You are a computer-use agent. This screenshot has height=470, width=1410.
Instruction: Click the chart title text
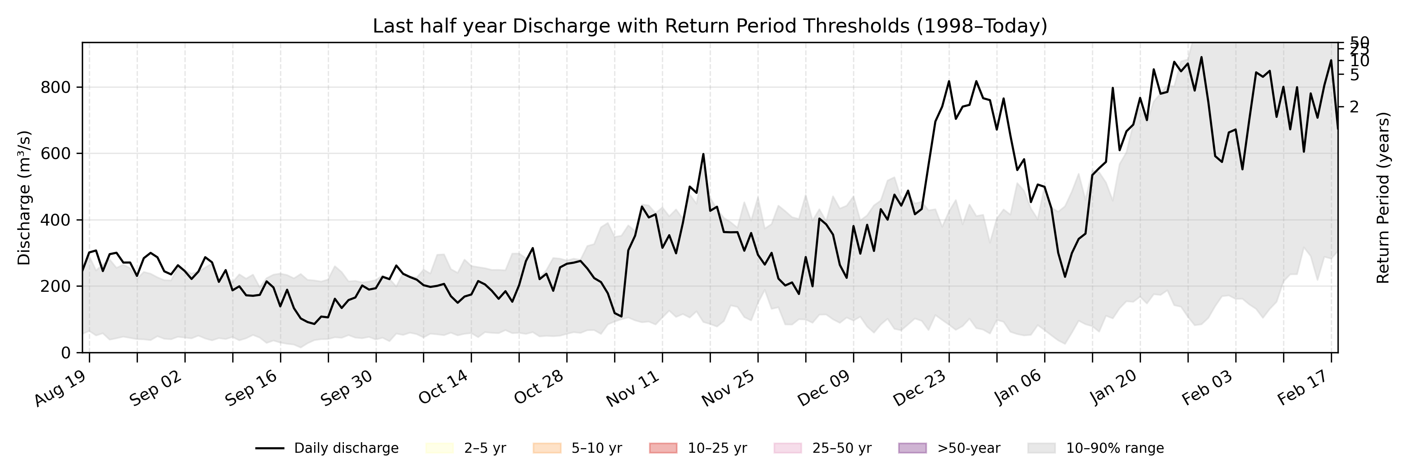pyautogui.click(x=709, y=26)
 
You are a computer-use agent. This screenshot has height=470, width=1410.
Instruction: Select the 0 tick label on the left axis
pyautogui.click(x=66, y=353)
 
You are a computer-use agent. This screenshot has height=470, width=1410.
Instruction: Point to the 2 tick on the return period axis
pyautogui.click(x=1354, y=107)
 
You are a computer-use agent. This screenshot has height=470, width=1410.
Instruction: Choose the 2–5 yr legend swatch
pyautogui.click(x=439, y=448)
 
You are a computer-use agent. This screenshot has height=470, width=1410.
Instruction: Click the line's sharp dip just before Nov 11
pyautogui.click(x=621, y=316)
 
